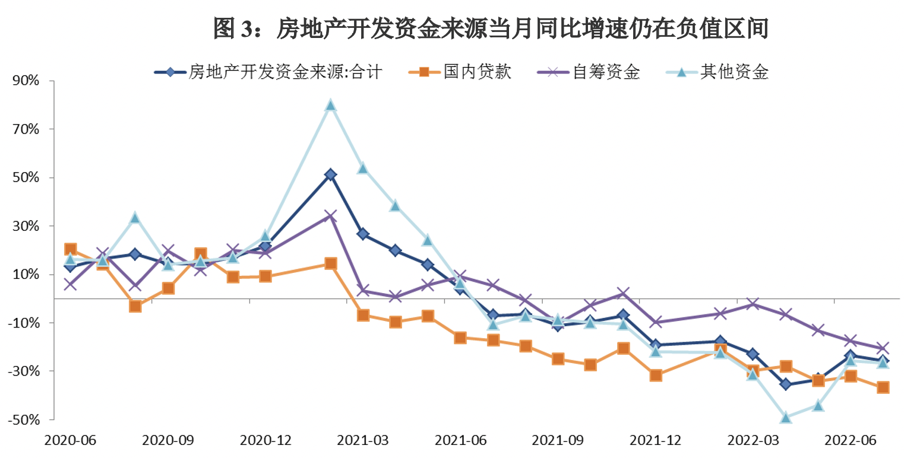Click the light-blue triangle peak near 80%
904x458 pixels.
[331, 106]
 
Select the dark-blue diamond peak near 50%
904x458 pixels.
[331, 174]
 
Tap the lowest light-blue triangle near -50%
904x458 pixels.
[786, 418]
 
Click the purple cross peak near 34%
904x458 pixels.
[331, 215]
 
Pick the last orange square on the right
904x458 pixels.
[883, 387]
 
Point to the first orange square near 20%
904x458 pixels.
[70, 249]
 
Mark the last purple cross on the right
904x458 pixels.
[883, 348]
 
